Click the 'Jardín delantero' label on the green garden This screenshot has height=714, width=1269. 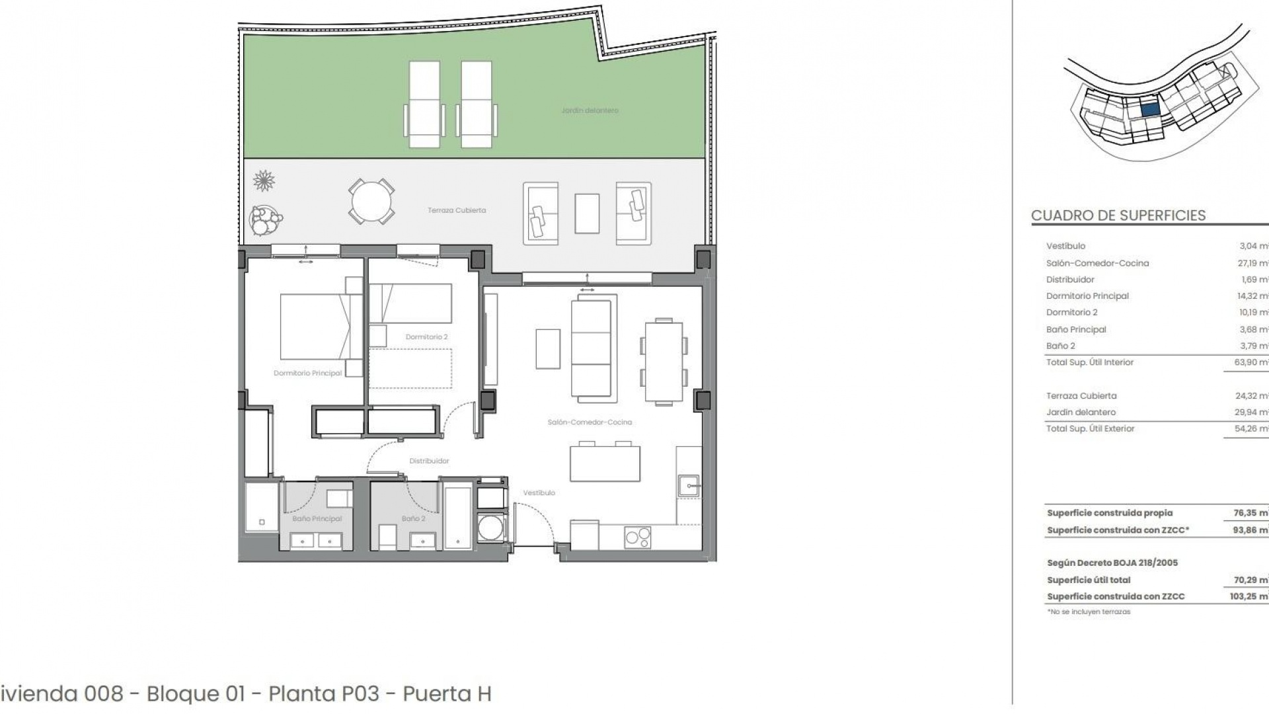click(590, 110)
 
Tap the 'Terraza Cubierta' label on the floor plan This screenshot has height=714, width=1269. click(456, 210)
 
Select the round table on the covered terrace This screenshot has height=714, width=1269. click(371, 202)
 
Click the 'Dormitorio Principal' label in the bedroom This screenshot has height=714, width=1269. click(307, 373)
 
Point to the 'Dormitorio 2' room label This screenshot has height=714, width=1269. click(426, 337)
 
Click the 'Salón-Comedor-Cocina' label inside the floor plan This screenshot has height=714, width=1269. click(590, 422)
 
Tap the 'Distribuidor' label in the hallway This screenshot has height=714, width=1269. click(429, 461)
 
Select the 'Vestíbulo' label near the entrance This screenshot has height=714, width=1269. click(539, 493)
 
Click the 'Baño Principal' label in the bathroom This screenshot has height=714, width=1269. click(317, 518)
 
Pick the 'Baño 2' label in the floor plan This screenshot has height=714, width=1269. click(413, 518)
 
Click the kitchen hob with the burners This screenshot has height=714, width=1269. click(637, 537)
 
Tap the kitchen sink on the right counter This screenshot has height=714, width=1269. click(689, 486)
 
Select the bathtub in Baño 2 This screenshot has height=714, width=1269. click(458, 518)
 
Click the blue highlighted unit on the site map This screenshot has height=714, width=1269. click(1149, 110)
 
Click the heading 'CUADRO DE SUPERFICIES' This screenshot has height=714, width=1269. click(1118, 216)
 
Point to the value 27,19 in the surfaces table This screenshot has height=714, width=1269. click(1252, 263)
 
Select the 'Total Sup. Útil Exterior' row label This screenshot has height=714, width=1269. click(1090, 428)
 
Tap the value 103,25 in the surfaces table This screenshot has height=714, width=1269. click(1243, 596)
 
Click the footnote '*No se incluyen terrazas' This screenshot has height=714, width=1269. click(1089, 612)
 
